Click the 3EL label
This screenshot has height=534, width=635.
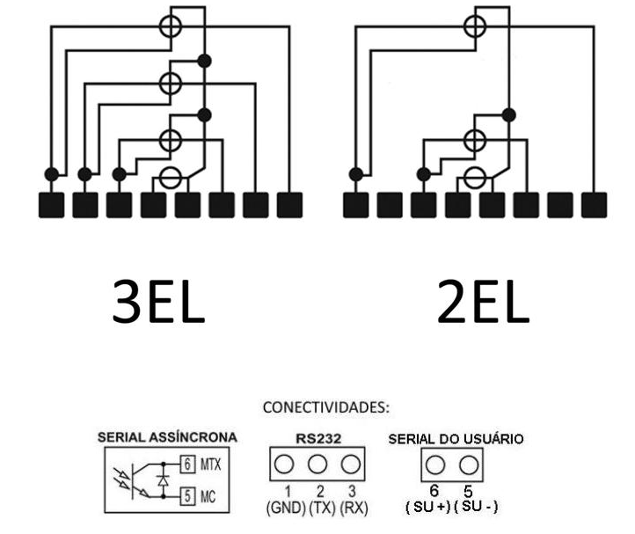click(158, 302)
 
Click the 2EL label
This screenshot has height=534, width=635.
click(483, 302)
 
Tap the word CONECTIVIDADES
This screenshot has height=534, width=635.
click(325, 407)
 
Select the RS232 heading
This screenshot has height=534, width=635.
click(318, 439)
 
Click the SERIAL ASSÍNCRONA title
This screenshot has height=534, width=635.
click(167, 437)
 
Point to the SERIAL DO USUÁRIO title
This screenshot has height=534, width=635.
click(456, 439)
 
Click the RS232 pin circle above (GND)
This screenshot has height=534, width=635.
click(284, 465)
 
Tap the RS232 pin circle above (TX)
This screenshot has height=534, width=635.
click(317, 465)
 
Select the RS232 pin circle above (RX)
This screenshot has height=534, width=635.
click(351, 465)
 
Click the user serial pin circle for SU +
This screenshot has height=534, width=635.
click(435, 465)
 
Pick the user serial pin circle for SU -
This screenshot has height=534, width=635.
click(469, 465)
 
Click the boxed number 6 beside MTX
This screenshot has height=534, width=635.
click(187, 464)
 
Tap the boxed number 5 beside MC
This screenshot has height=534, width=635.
click(187, 496)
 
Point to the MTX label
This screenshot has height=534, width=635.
click(211, 465)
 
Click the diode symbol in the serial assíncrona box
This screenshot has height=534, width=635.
click(164, 480)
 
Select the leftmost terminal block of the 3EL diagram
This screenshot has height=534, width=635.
click(51, 205)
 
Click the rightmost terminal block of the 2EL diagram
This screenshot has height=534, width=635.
click(594, 205)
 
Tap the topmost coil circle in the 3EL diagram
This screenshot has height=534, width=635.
click(171, 26)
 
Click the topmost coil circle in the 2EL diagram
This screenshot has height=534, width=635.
click(475, 26)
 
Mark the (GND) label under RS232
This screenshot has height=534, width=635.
click(286, 508)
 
